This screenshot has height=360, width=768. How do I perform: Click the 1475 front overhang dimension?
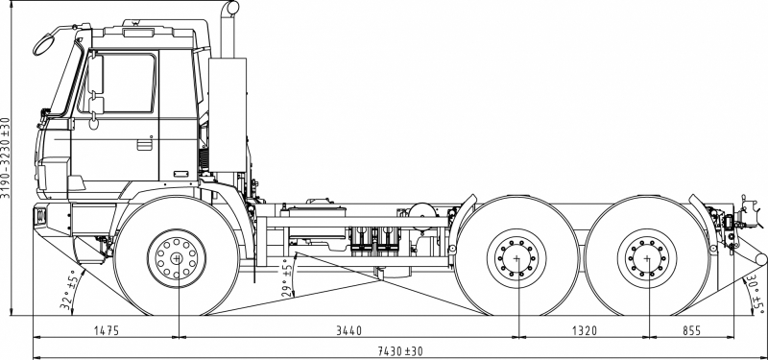point(107,330)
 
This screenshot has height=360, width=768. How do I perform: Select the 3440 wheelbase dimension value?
point(348,330)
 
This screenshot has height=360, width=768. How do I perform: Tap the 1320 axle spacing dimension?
point(585,330)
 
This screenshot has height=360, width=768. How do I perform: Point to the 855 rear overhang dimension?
point(691,330)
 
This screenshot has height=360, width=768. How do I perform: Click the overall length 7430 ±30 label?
point(400,351)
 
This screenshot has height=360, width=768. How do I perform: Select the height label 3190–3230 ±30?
point(6,157)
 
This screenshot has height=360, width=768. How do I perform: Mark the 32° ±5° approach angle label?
point(67,290)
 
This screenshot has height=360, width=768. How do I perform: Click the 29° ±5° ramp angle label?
point(287,277)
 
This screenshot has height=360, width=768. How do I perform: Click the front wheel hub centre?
point(177,258)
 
